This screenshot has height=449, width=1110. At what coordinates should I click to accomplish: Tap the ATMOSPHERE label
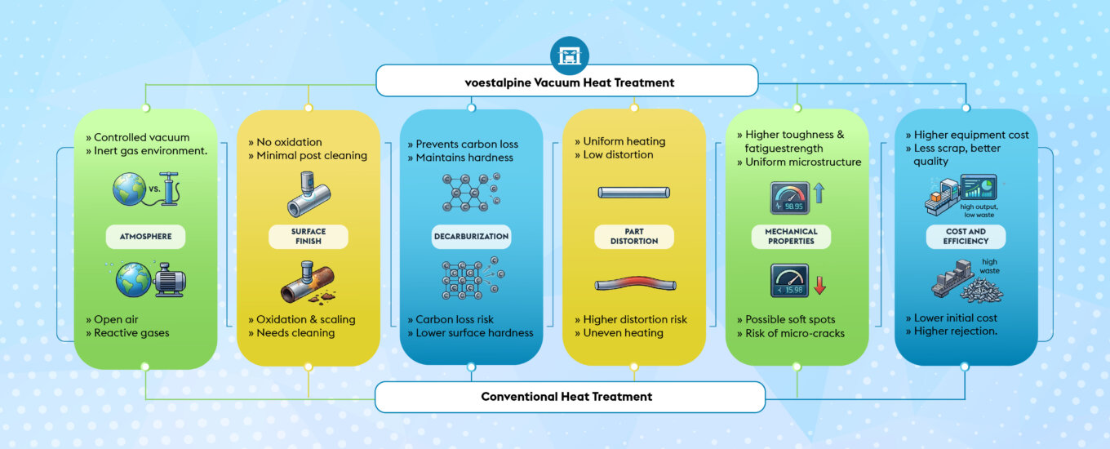click(x=145, y=238)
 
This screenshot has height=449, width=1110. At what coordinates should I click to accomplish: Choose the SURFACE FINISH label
click(x=309, y=237)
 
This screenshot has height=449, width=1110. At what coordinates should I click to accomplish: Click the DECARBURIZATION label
click(x=471, y=237)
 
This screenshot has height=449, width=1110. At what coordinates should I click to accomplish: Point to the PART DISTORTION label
click(x=634, y=237)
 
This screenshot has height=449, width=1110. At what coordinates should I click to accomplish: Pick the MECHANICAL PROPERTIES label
click(x=791, y=237)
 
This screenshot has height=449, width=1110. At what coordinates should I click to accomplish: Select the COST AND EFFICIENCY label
click(x=966, y=237)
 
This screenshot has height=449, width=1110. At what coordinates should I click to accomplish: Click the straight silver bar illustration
click(x=633, y=193)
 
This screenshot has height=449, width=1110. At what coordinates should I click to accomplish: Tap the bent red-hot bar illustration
click(x=634, y=283)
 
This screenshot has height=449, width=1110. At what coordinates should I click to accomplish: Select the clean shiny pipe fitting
click(x=308, y=193)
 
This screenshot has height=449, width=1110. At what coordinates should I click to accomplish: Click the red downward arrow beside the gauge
click(x=819, y=285)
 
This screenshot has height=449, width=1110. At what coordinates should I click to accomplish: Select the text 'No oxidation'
click(x=289, y=142)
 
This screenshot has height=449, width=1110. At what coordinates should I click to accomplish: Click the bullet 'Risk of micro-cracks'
click(x=795, y=333)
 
